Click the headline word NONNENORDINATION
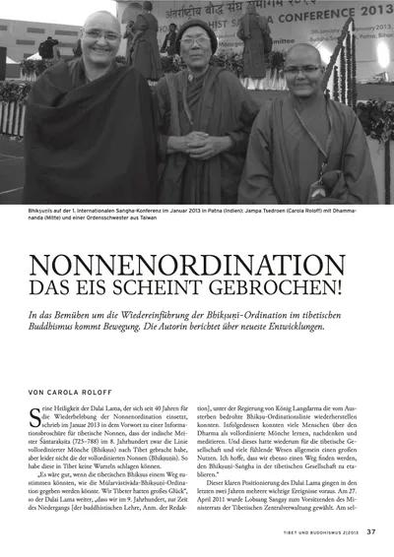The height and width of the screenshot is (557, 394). [198, 265]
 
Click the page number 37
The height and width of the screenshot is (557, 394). [370, 533]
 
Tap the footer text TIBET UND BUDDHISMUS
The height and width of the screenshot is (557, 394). [299, 534]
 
